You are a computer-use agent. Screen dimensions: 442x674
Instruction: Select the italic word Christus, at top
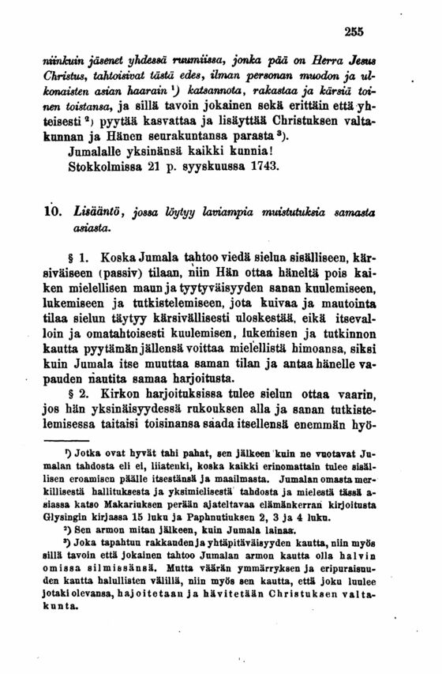tap(77, 78)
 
